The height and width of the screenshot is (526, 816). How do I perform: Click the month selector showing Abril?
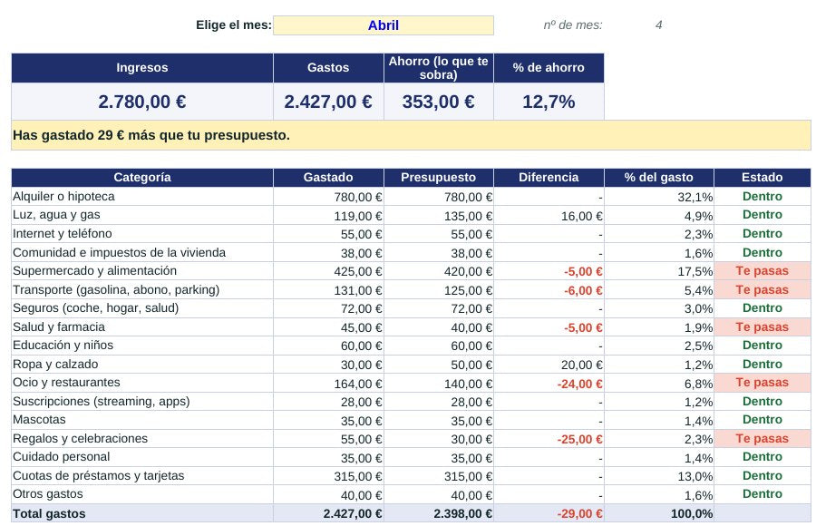(383, 25)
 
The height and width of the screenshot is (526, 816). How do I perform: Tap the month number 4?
(658, 25)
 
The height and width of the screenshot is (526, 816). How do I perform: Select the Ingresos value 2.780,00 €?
(142, 102)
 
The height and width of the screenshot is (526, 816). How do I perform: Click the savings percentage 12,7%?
(549, 102)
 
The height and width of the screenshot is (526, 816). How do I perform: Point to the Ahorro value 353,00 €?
(438, 102)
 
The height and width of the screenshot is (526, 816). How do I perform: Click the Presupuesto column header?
(438, 178)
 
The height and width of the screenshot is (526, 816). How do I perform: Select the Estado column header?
(762, 178)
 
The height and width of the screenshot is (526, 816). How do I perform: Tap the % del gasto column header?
(659, 178)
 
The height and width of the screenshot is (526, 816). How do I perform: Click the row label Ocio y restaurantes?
(66, 383)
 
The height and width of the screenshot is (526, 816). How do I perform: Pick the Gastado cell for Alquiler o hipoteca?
(358, 197)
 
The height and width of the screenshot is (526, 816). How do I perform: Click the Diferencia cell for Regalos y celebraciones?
(579, 439)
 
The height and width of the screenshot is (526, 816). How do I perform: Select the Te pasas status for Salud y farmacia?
(762, 327)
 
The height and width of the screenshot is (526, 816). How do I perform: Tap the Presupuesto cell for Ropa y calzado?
(468, 365)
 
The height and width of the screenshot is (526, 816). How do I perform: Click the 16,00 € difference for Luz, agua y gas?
(581, 216)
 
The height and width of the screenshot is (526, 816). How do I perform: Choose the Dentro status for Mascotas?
(762, 420)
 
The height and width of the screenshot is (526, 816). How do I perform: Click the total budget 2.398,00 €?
(462, 513)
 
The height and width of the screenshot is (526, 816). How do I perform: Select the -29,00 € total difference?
(579, 513)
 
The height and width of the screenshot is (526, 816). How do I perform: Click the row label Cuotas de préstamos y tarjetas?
(98, 475)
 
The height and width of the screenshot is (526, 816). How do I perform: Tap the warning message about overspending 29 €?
(151, 135)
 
